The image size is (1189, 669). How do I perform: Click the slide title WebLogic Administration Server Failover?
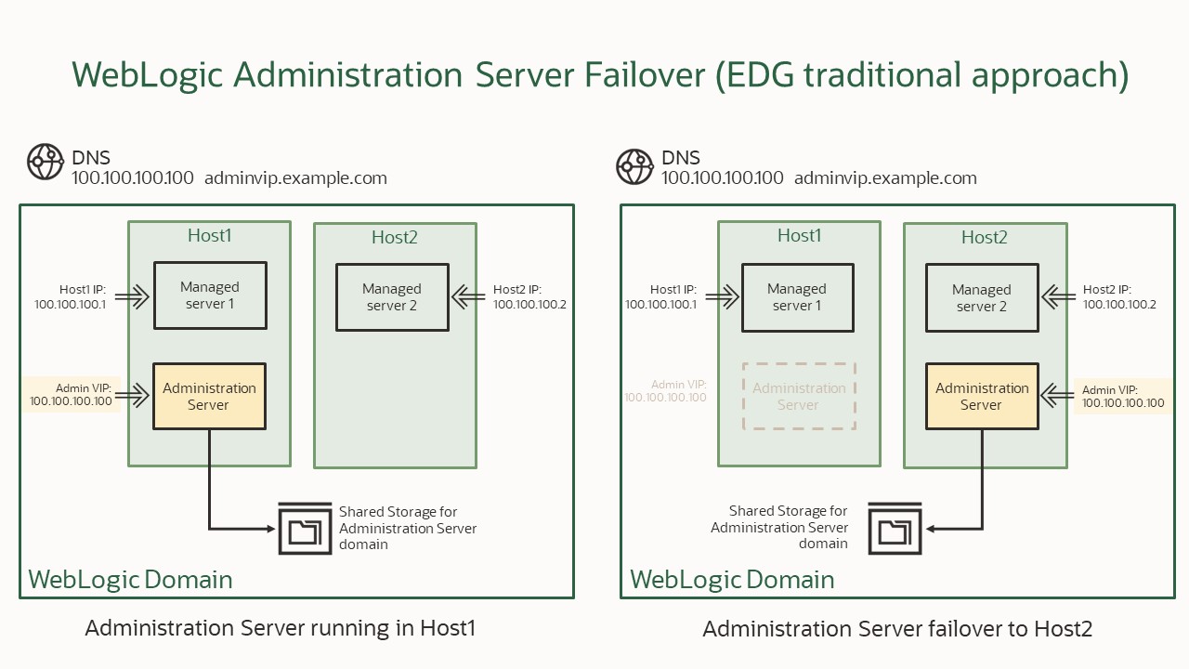point(600,74)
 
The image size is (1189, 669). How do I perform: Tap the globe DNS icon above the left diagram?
point(45,162)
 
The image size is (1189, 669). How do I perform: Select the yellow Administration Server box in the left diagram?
point(209,397)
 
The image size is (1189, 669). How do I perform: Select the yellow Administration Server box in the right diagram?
point(982,397)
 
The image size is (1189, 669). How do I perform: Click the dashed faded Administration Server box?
point(799,397)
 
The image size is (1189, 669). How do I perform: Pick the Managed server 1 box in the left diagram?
point(210,295)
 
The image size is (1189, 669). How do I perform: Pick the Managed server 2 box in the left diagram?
point(392,297)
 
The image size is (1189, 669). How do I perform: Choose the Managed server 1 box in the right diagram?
point(797,297)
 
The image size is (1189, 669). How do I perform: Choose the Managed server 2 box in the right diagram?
point(982,298)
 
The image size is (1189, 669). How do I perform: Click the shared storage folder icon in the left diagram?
point(305,529)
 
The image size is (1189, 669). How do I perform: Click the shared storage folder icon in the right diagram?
point(895,529)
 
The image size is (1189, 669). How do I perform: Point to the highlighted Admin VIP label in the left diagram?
point(71,394)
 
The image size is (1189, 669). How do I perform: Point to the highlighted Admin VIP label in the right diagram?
point(1123,397)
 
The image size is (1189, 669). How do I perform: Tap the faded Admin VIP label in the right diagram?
point(666,391)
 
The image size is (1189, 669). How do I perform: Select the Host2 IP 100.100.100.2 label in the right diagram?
point(1119,297)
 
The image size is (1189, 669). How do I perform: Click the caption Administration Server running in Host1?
point(280,628)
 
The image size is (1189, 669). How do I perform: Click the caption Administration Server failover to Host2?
point(897,629)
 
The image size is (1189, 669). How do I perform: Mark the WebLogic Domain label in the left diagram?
point(130,580)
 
